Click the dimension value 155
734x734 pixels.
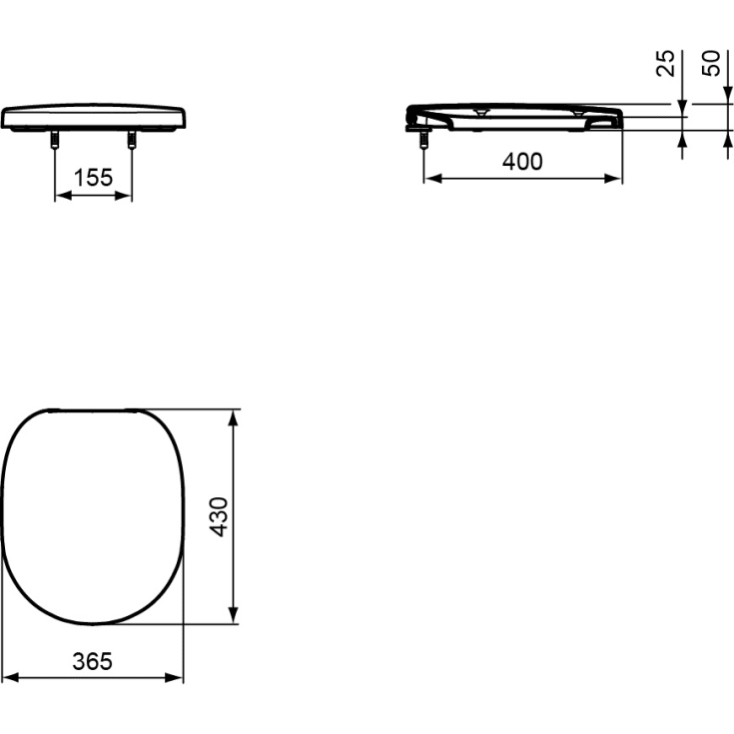(92, 178)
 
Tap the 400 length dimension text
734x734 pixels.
(522, 161)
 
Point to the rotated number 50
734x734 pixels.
(711, 64)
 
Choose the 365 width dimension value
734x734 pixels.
(92, 660)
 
